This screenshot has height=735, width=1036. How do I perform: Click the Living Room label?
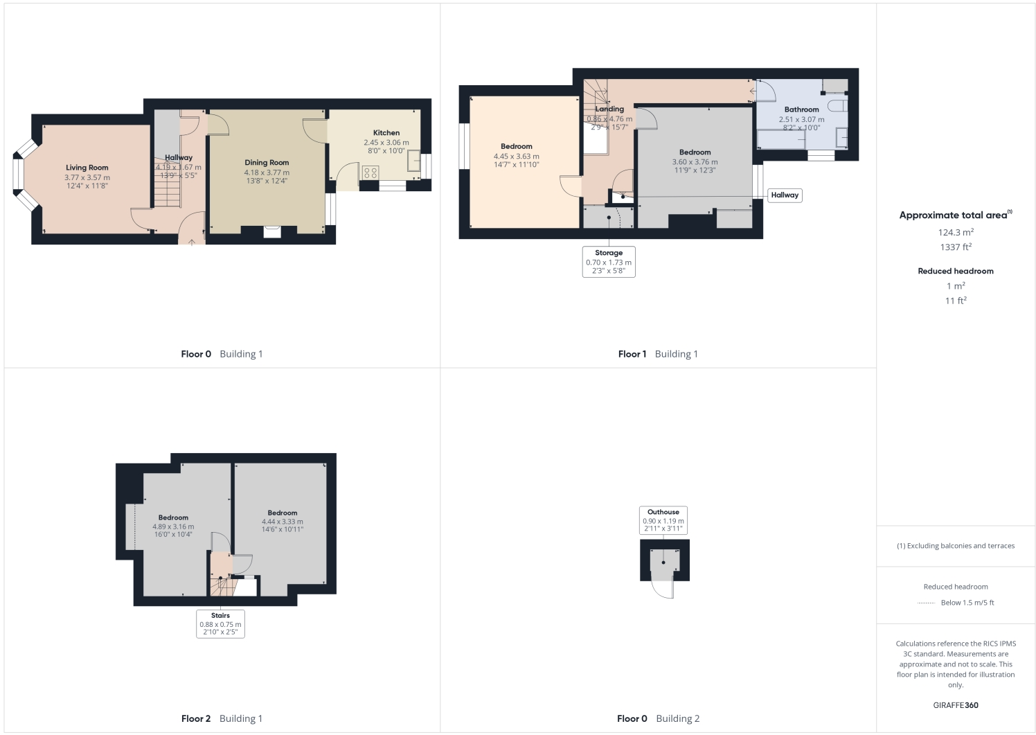click(x=87, y=168)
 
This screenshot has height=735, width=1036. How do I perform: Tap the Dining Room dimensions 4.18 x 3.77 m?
click(x=267, y=172)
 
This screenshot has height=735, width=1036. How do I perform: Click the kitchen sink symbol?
click(x=413, y=161)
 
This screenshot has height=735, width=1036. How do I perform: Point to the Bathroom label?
click(x=801, y=109)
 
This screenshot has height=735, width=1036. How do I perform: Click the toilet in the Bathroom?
click(x=838, y=106)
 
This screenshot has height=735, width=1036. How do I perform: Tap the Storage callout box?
click(x=609, y=262)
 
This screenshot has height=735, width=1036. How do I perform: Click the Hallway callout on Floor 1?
click(x=785, y=195)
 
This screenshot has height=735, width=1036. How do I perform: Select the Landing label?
click(x=609, y=109)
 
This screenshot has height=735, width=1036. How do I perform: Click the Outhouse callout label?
click(x=663, y=513)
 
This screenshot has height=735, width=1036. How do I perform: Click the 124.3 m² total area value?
click(x=956, y=233)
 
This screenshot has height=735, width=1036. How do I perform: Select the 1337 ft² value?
click(x=956, y=247)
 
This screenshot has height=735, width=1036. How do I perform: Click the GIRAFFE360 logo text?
click(x=956, y=705)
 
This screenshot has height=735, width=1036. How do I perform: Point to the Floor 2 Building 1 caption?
click(x=222, y=718)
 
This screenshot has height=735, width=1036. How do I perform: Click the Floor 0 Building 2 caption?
click(x=658, y=718)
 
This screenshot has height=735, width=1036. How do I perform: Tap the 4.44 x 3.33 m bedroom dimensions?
click(x=283, y=522)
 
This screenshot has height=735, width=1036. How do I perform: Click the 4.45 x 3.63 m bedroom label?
click(x=517, y=147)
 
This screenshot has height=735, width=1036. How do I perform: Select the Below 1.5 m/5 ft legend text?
click(x=967, y=603)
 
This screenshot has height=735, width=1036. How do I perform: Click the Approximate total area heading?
click(x=953, y=215)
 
